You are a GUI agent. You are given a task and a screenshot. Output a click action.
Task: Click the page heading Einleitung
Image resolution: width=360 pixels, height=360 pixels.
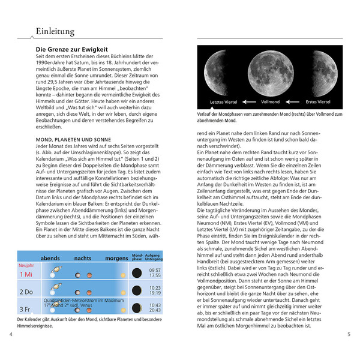point(55,31)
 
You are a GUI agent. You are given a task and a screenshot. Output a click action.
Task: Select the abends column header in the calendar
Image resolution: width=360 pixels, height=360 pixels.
point(50,259)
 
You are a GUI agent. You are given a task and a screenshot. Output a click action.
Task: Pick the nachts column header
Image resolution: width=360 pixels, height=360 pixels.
point(83,259)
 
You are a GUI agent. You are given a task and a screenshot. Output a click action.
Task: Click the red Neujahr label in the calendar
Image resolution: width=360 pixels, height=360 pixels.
point(27,265)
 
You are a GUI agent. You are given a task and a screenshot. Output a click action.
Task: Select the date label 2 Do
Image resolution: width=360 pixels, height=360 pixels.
point(26,292)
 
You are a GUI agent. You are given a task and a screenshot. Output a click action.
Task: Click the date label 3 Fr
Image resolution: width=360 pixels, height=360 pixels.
point(26,310)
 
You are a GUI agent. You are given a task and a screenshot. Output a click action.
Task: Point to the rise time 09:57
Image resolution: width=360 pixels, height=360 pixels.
point(155,271)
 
